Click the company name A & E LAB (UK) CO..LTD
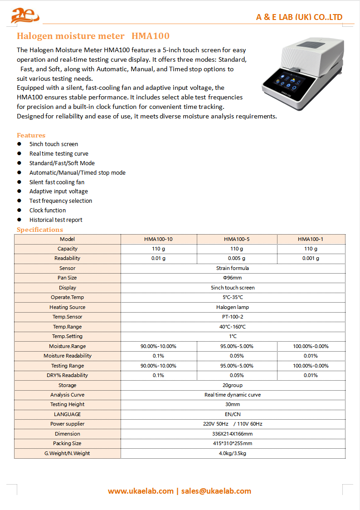(x=299, y=17)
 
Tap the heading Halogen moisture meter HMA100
(x=93, y=36)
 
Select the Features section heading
(x=31, y=135)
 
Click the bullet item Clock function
(x=48, y=211)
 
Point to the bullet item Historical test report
(x=56, y=220)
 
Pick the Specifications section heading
(x=40, y=230)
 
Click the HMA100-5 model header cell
(x=237, y=239)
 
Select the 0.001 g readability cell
(x=311, y=259)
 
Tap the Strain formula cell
(x=233, y=268)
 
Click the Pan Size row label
(x=67, y=278)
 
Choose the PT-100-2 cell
(x=233, y=317)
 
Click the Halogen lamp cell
(x=233, y=307)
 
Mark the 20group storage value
(x=233, y=385)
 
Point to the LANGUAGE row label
(x=67, y=414)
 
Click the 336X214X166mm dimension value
(x=233, y=434)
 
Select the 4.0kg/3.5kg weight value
(x=233, y=453)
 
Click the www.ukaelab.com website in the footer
(x=141, y=491)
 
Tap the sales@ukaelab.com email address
(x=216, y=491)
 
